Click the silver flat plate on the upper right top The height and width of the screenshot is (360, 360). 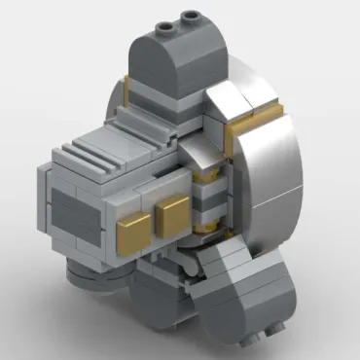(x=258, y=97)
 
